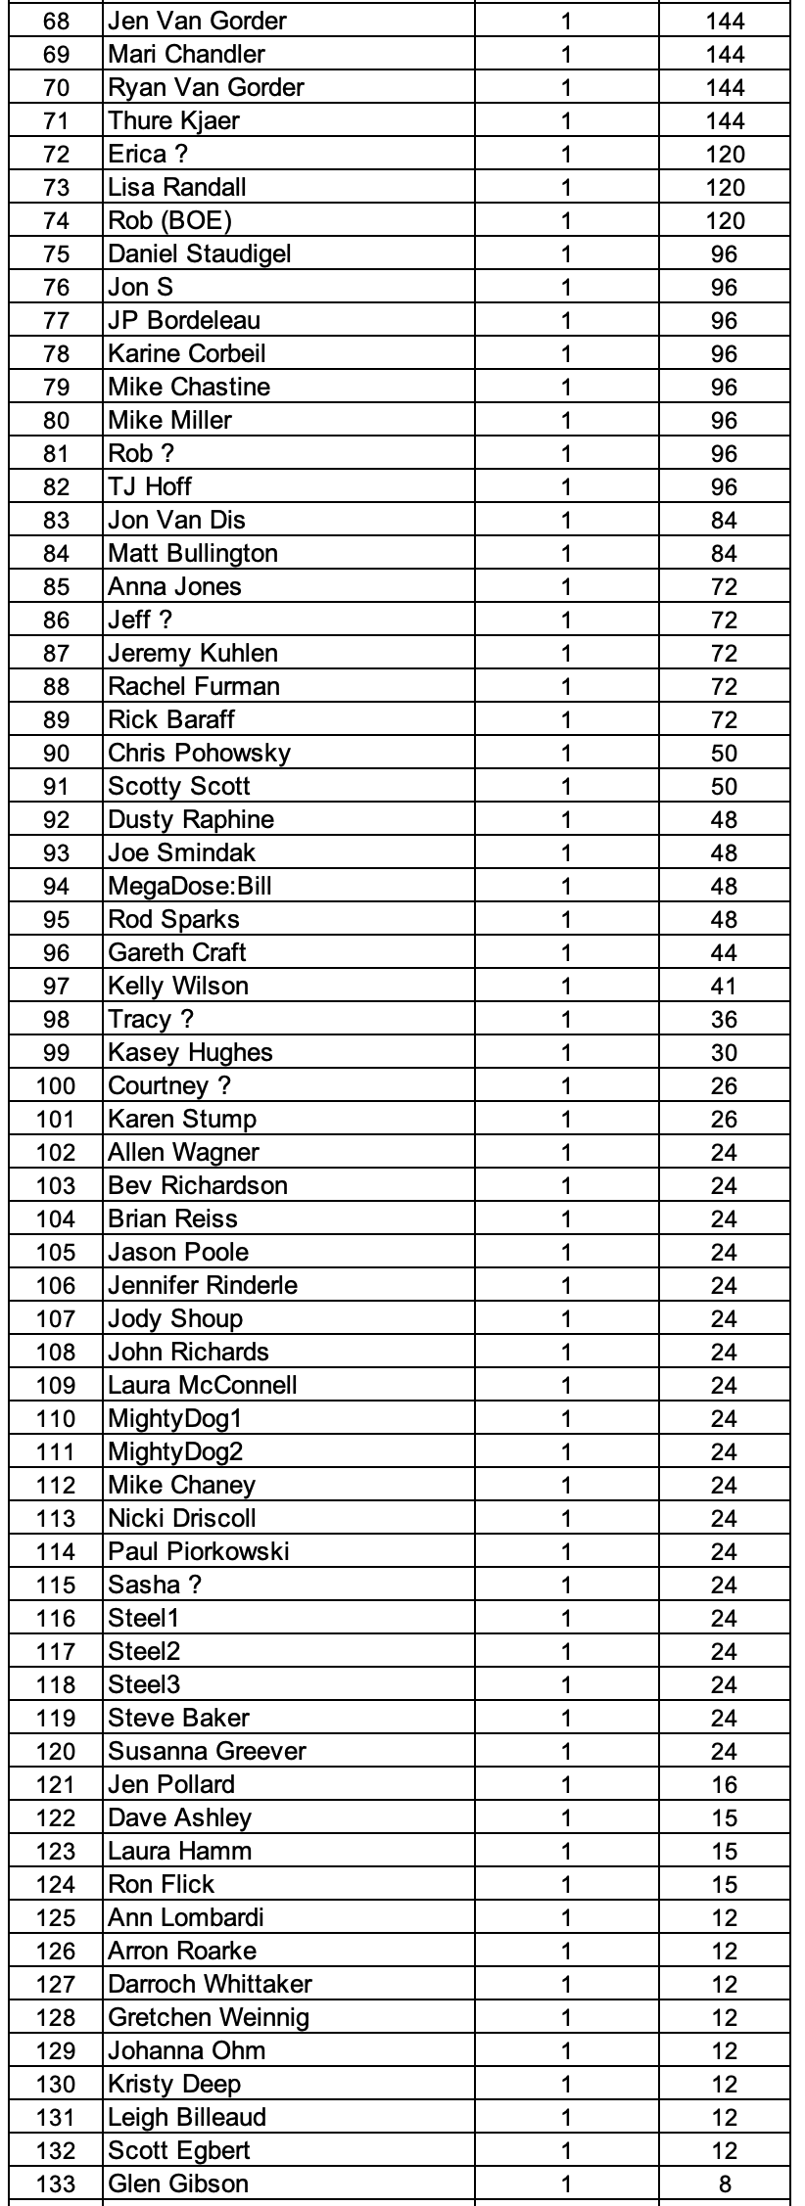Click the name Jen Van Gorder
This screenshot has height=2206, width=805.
tap(198, 21)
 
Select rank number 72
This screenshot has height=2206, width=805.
tap(56, 154)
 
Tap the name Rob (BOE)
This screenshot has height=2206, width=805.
tap(169, 220)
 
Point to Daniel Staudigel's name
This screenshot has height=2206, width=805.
tap(200, 253)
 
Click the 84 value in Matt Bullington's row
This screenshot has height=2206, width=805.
tap(724, 553)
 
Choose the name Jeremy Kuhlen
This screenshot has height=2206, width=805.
tap(193, 653)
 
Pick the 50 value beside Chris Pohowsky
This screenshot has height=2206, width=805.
tap(724, 753)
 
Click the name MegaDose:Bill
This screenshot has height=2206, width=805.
tap(190, 886)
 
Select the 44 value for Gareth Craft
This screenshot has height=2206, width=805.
tap(724, 952)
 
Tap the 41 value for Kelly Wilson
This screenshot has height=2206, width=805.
tap(724, 986)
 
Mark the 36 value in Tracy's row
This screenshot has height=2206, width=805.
tap(724, 1019)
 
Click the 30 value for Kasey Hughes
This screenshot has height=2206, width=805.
tap(724, 1052)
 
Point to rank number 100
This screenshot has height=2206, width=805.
tap(56, 1085)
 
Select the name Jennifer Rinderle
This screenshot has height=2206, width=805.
tap(203, 1285)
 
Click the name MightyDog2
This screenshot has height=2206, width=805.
tap(175, 1451)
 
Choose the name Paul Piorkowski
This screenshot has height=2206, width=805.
tap(199, 1551)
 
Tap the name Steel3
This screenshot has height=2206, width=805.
tap(144, 1684)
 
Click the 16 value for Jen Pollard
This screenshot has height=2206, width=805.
tap(724, 1784)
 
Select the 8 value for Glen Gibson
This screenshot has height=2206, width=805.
tap(724, 2183)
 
